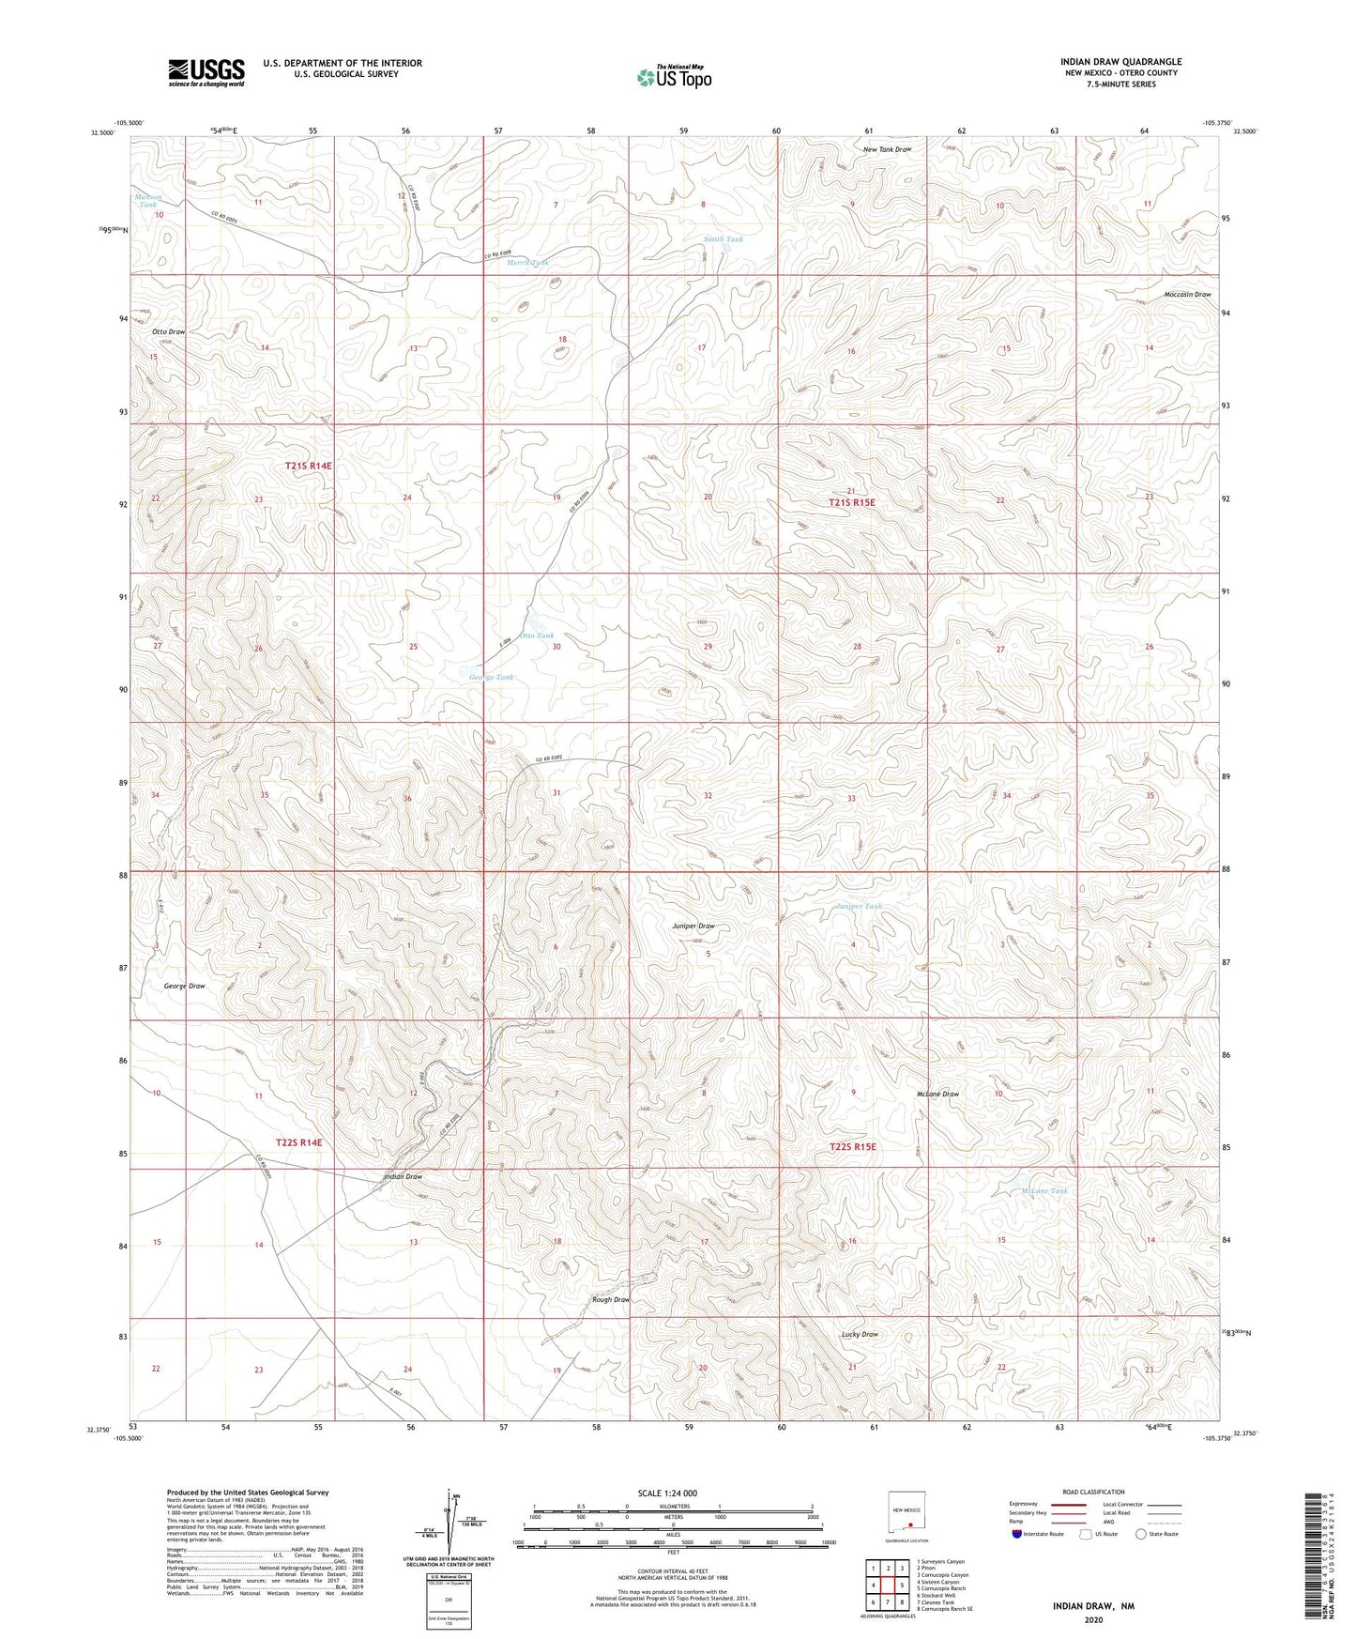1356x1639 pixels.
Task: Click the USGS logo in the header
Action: point(206,72)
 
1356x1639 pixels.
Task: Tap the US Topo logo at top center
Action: point(673,76)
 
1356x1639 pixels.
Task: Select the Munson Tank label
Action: point(148,200)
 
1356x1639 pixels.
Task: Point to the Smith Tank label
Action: point(723,239)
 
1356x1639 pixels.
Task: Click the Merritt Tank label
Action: point(527,263)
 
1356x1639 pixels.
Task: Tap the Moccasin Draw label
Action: point(1187,295)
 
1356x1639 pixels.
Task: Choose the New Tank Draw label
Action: point(887,149)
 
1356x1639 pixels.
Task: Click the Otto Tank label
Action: point(537,636)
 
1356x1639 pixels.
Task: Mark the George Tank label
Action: point(491,677)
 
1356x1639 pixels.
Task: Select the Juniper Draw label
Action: point(693,926)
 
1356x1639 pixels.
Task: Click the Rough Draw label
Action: point(611,1299)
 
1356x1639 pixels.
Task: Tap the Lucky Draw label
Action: point(859,1334)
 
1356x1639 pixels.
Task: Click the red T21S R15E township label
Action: point(851,503)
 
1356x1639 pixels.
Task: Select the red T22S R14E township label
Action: point(298,1142)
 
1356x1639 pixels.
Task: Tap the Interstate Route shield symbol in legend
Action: point(1017,1534)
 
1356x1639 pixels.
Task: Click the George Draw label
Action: point(184,986)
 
